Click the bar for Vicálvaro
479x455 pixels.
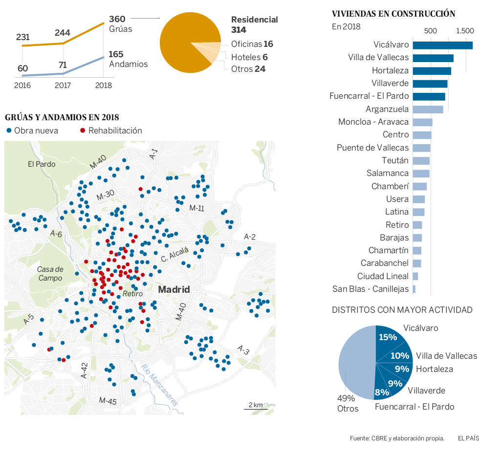point(442,45)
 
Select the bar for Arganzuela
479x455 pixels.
point(428,109)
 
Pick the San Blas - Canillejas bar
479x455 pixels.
point(414,289)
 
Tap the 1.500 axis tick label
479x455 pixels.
point(465,31)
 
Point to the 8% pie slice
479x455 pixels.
point(382,391)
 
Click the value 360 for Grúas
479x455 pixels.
point(117,19)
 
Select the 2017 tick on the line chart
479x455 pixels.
point(63,85)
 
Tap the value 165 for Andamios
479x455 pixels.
point(116,54)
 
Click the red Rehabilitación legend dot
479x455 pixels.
point(83,130)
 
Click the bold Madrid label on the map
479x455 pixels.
point(174,289)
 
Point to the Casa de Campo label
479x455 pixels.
point(50,274)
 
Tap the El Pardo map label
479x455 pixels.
point(42,164)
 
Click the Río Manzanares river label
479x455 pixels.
point(159,386)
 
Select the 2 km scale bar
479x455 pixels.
point(256,407)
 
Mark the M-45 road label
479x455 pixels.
point(108,401)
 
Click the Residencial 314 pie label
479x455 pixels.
point(254,24)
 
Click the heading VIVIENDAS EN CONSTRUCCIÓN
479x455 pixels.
point(393,14)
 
